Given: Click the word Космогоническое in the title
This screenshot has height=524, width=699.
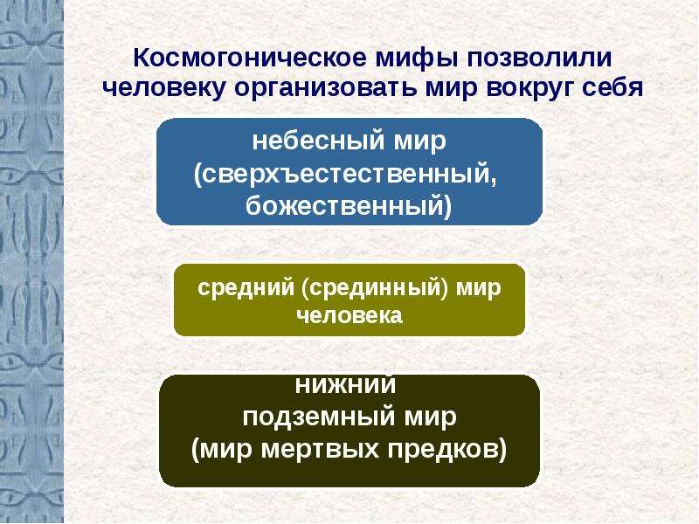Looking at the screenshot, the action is point(251,58).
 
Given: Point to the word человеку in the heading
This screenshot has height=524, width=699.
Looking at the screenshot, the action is point(163,88).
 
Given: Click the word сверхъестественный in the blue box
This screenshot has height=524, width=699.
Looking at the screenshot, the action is point(345,174).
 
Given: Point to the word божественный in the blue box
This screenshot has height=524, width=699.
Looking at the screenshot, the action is point(343,206).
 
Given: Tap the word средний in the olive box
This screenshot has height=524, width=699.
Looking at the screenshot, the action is point(246,288).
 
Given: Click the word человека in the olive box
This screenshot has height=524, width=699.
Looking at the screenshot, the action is point(349,316).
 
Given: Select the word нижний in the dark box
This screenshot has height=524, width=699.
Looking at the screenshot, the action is point(345,385).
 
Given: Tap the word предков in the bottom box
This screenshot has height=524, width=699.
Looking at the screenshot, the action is point(443,450).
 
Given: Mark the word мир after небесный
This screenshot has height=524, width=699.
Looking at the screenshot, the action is point(420,142).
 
